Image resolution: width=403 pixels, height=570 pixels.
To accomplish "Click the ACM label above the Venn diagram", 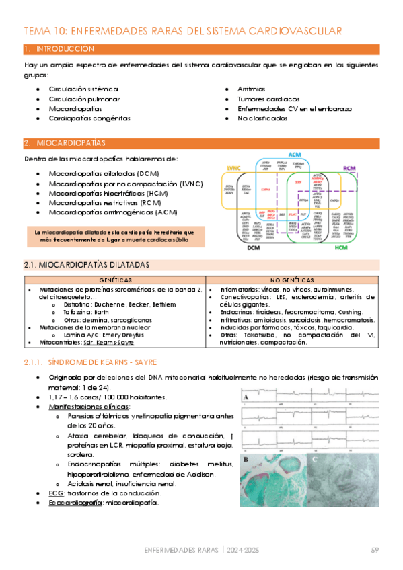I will click(x=294, y=155).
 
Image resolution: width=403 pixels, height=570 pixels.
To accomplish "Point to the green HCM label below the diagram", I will click(x=341, y=248).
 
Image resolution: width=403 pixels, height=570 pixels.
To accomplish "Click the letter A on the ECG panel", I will click(x=247, y=397).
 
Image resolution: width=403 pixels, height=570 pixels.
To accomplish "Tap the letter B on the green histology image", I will click(x=246, y=460).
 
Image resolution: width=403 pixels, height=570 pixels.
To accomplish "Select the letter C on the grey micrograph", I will click(x=314, y=460).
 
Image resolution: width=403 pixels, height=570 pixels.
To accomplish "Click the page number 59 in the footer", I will click(x=375, y=551).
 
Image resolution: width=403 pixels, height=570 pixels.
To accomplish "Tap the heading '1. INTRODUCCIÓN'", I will click(x=59, y=49).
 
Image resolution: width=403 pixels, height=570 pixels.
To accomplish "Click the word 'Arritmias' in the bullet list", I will click(x=251, y=88).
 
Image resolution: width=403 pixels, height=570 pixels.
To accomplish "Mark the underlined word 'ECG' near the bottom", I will click(x=56, y=493).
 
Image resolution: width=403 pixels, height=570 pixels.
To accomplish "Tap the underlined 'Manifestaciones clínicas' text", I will click(x=89, y=407).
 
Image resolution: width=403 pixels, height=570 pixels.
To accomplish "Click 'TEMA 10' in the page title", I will click(x=44, y=31).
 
